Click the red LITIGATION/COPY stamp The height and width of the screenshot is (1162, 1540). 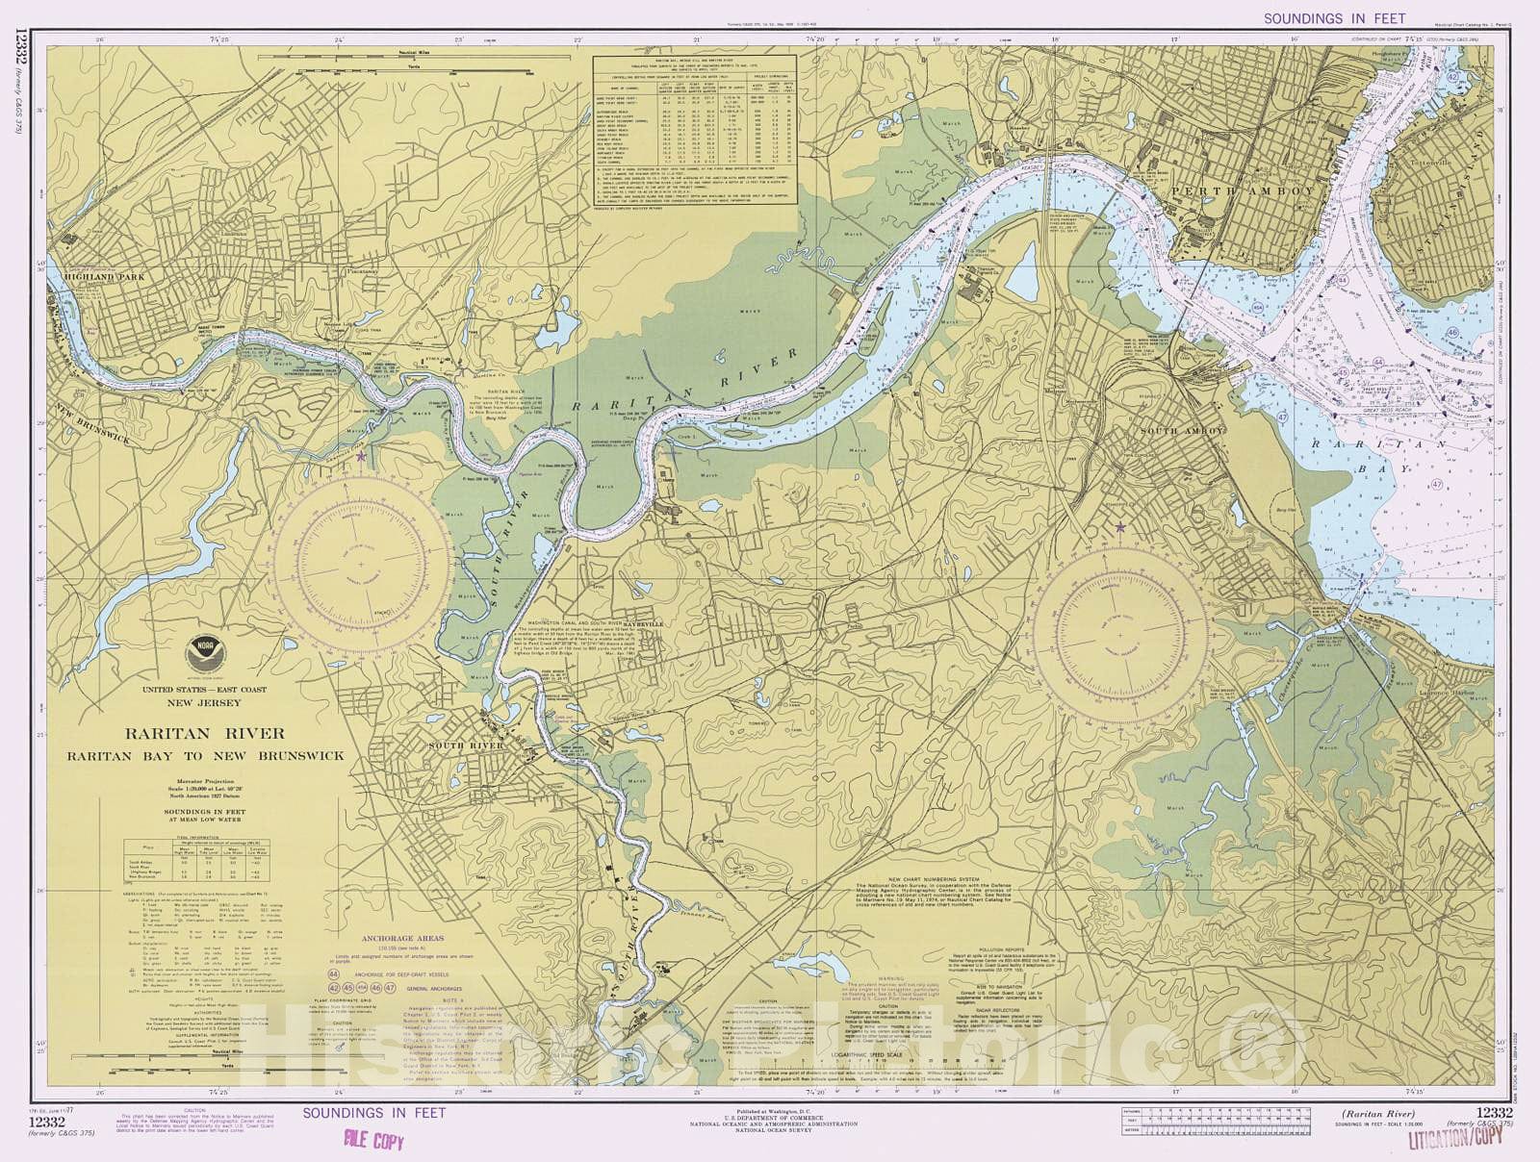(x=1453, y=1141)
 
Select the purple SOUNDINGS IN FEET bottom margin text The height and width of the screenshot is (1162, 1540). (x=374, y=1113)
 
